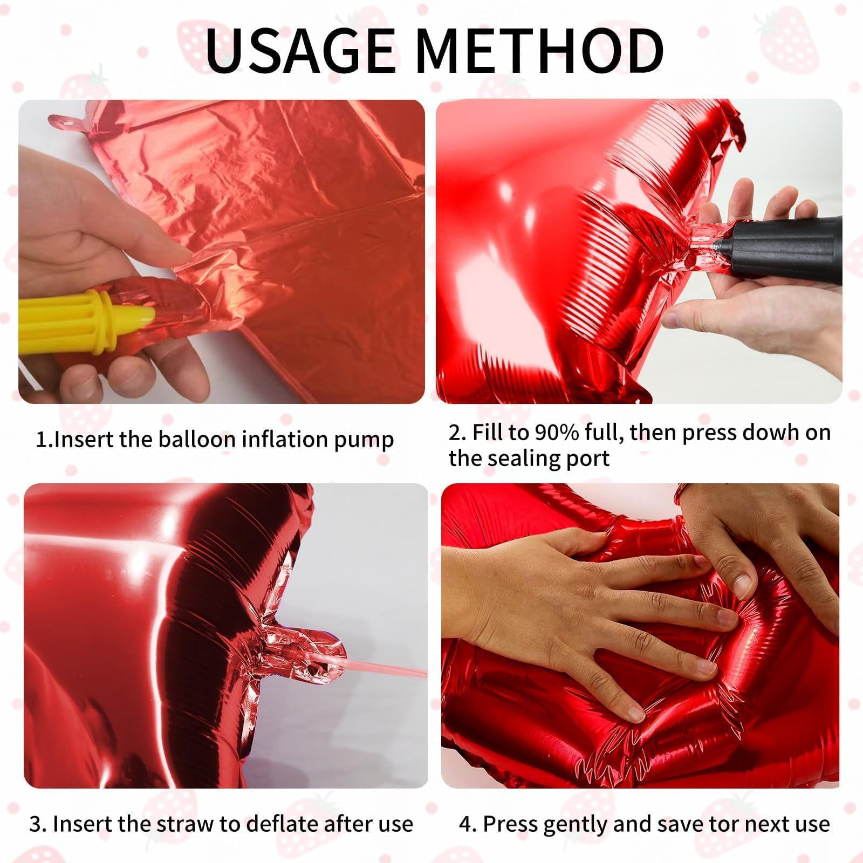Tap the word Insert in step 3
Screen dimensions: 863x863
point(80,824)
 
